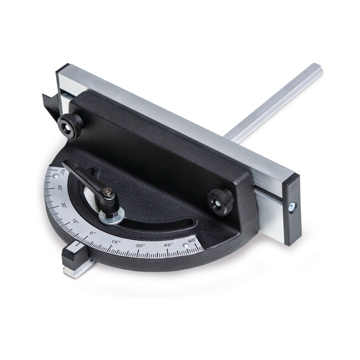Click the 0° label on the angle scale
93,233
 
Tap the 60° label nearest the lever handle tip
63,172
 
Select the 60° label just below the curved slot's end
192,241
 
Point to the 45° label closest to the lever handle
60,188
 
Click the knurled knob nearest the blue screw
220,198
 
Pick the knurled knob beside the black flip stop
70,126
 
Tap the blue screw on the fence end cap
292,207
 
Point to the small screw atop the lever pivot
107,191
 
